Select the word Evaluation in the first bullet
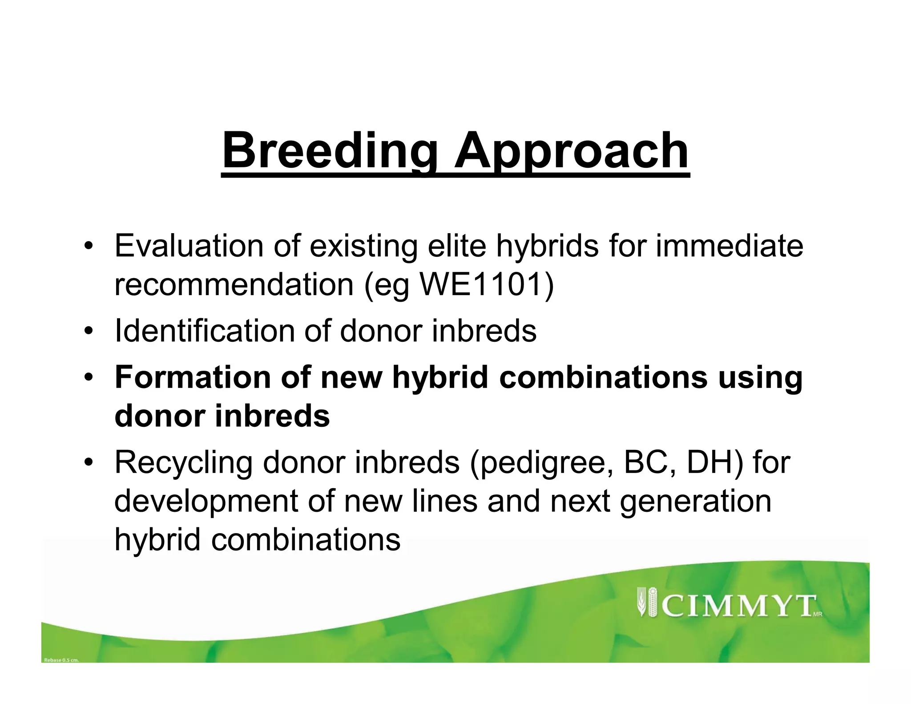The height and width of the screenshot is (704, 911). coord(189,246)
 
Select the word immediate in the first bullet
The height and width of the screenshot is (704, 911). coord(729,246)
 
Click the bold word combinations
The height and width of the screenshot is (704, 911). coord(603,377)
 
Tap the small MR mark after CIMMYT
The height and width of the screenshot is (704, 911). coord(818,615)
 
